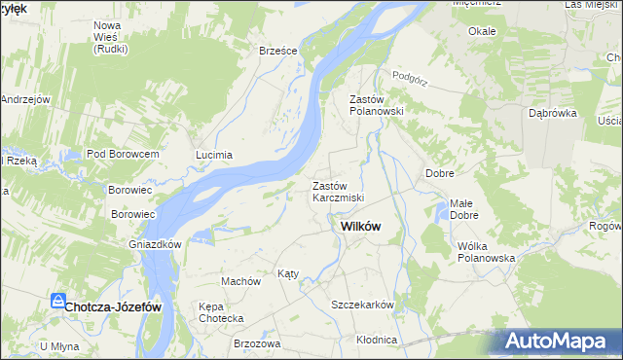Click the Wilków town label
coord(360,226)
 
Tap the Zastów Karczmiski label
coord(338,192)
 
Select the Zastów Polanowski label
coord(376,105)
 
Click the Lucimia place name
coord(214,155)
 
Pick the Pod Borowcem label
coord(122,155)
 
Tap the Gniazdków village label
coord(156,244)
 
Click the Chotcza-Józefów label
coord(114,306)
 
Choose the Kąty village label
coord(288,273)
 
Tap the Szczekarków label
coord(362,305)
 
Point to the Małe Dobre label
coord(462,209)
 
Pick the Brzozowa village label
coord(257,343)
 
